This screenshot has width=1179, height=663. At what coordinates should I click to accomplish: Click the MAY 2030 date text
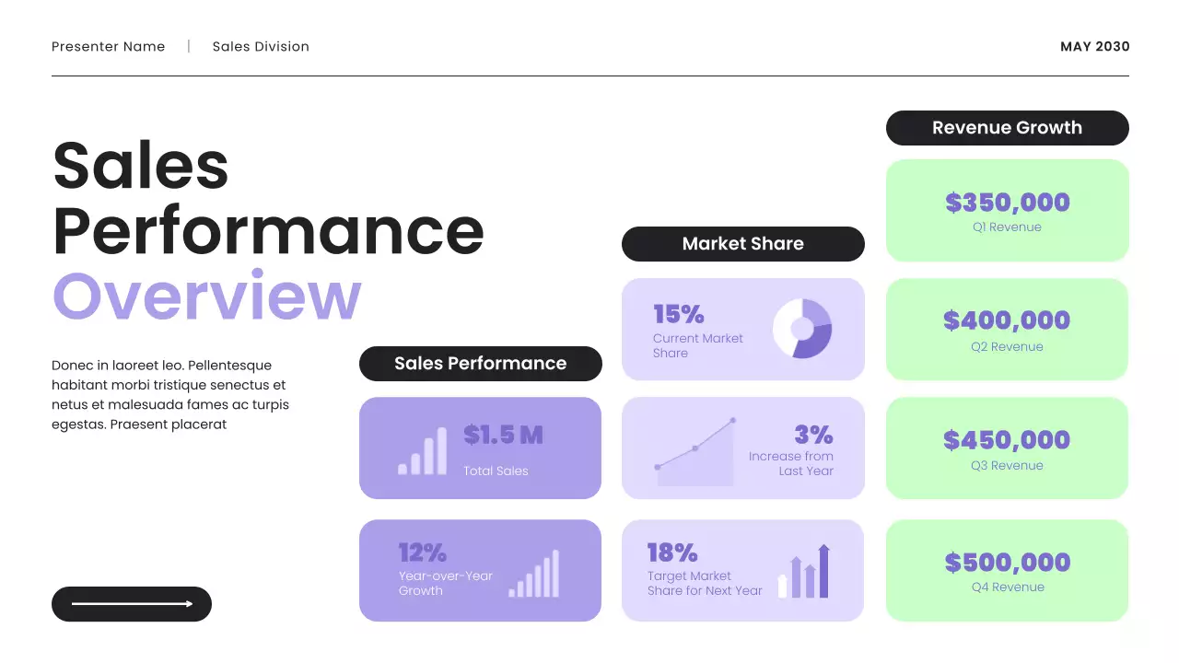(1094, 47)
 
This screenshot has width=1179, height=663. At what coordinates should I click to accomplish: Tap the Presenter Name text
(109, 47)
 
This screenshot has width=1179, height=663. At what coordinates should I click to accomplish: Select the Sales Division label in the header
(261, 47)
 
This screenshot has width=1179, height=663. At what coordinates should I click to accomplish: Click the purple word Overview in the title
(206, 297)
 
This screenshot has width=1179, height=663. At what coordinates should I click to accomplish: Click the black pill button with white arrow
(132, 604)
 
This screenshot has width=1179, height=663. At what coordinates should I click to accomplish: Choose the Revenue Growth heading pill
(1007, 128)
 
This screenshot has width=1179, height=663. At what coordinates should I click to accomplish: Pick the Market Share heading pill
(742, 244)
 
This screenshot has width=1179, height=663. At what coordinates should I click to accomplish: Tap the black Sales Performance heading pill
(480, 364)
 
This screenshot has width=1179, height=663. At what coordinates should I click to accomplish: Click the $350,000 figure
(1007, 203)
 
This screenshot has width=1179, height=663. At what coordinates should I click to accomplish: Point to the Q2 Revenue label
(1007, 347)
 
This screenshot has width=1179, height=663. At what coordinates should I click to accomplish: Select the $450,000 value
(1007, 440)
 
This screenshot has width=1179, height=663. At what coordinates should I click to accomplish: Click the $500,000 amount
(1007, 562)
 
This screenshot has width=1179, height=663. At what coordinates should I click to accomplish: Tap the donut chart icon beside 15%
(802, 328)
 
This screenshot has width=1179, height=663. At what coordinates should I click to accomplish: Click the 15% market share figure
(679, 315)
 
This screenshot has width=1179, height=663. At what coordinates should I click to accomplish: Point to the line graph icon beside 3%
(695, 453)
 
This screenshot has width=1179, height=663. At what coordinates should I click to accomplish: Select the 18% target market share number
(672, 552)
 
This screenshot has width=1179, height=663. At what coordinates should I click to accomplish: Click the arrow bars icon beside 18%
(804, 572)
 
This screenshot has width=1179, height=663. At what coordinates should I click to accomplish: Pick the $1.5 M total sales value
(503, 435)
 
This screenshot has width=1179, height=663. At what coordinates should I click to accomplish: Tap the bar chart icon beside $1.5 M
(422, 451)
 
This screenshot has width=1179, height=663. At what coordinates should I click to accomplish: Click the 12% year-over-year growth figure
(422, 552)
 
